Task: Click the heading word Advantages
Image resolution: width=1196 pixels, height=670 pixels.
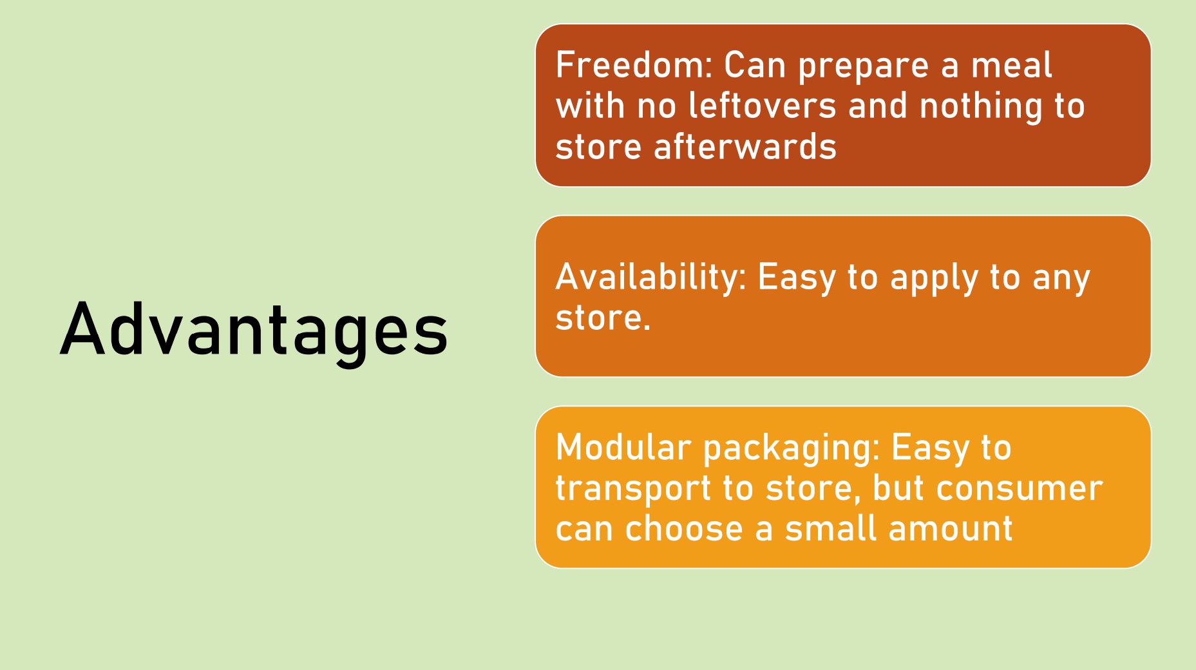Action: [x=254, y=329]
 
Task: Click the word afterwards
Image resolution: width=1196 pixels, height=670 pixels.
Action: [x=745, y=146]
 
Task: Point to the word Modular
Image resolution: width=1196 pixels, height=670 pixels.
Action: [x=623, y=447]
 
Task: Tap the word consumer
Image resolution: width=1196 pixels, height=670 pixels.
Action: [x=1020, y=489]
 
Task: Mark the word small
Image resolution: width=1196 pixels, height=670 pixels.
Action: [x=831, y=528]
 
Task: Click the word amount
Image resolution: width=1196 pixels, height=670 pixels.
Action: [x=951, y=529]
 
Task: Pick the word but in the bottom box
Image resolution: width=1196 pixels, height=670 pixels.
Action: [x=899, y=488]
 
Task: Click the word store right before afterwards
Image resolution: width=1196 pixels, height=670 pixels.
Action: [x=599, y=148]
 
